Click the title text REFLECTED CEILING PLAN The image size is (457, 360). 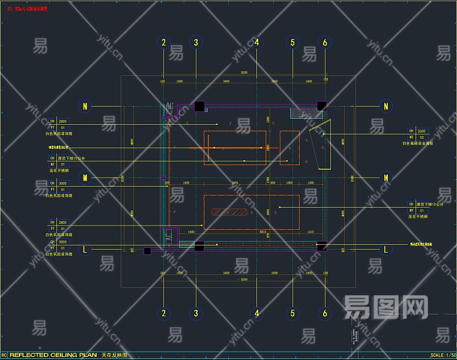(x=53, y=355)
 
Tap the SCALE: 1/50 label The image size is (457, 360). (x=442, y=355)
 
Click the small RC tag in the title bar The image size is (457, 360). (x=4, y=355)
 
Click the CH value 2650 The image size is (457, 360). (x=422, y=131)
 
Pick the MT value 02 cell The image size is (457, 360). (x=422, y=137)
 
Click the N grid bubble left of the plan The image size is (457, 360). (x=85, y=106)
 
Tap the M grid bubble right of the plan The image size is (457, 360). (x=386, y=178)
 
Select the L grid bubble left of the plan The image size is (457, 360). (x=85, y=249)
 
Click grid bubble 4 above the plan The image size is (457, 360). (x=257, y=42)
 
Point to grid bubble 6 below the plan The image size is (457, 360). (x=325, y=313)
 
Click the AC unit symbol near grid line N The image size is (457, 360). (x=169, y=107)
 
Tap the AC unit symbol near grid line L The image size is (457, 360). (x=169, y=238)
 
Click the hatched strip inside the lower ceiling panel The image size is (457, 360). (x=231, y=212)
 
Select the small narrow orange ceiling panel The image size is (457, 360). (x=289, y=147)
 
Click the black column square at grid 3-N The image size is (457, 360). (x=199, y=107)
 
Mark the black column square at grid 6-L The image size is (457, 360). (x=322, y=245)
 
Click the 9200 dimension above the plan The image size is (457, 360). (x=244, y=73)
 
